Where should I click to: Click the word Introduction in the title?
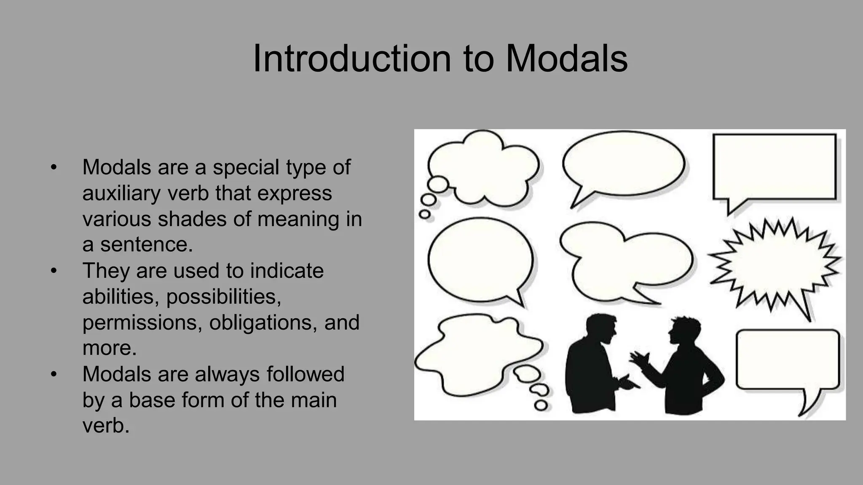pyautogui.click(x=352, y=59)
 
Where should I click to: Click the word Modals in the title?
pyautogui.click(x=566, y=59)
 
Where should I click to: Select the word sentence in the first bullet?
pyautogui.click(x=146, y=245)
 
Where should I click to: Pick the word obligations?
pyautogui.click(x=263, y=323)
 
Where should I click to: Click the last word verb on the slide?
pyautogui.click(x=105, y=426)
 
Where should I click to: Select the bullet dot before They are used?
pyautogui.click(x=54, y=271)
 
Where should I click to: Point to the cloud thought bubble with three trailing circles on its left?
pyautogui.click(x=485, y=168)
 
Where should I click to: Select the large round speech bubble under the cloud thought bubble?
pyautogui.click(x=480, y=259)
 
